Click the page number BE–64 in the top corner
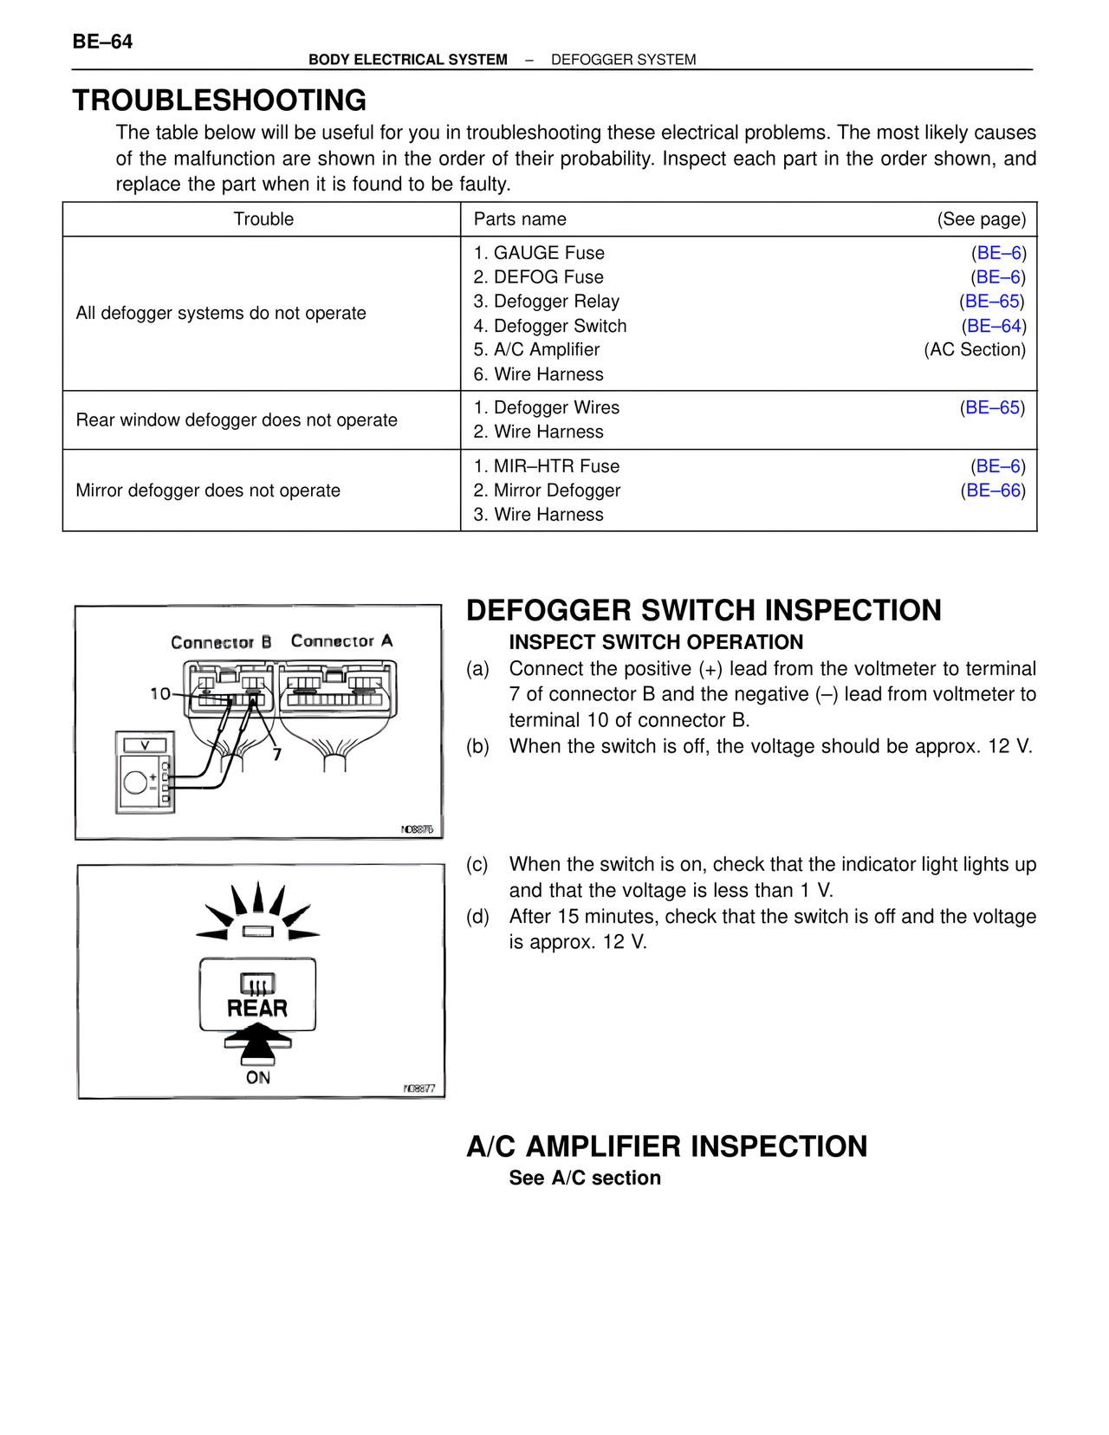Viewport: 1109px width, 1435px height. coord(102,42)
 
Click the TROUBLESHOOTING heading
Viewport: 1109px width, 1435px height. coord(219,101)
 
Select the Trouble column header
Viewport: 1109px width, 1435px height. coord(263,219)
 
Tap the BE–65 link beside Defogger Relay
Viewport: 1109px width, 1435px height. coord(992,302)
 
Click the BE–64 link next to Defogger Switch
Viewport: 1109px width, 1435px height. coord(994,326)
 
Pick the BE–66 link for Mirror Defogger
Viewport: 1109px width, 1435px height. coord(993,490)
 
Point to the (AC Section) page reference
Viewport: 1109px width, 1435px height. coord(975,350)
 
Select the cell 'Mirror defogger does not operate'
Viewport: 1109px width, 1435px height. coord(208,490)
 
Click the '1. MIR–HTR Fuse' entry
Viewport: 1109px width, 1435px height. coord(547,466)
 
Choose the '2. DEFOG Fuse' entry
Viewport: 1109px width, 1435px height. coord(538,277)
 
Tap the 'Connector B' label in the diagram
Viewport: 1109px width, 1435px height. coord(221,642)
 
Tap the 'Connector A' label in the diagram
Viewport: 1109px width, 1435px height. coord(341,641)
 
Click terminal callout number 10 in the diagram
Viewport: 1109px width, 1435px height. coord(160,693)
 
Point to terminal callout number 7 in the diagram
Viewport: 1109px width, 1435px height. coord(277,755)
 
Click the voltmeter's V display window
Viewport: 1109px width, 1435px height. coord(145,745)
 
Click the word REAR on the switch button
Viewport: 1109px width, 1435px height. coord(257,1009)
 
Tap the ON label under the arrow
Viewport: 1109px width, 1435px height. coord(258,1078)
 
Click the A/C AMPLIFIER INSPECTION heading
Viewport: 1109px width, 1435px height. coord(666,1146)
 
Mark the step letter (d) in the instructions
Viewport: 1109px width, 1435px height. coord(477,917)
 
